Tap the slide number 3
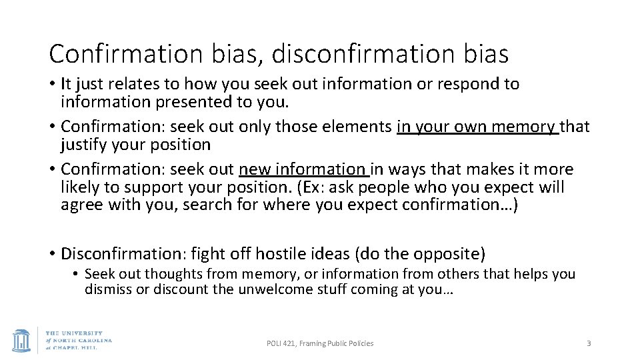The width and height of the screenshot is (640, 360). coord(589,343)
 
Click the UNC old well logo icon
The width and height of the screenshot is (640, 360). coord(21,339)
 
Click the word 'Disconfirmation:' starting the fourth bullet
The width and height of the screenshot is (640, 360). coord(123,254)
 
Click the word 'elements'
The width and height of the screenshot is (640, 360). coord(359,126)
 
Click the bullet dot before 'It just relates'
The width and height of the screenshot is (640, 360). coord(52,85)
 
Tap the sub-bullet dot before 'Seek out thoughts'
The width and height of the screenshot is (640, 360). coord(77,274)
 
